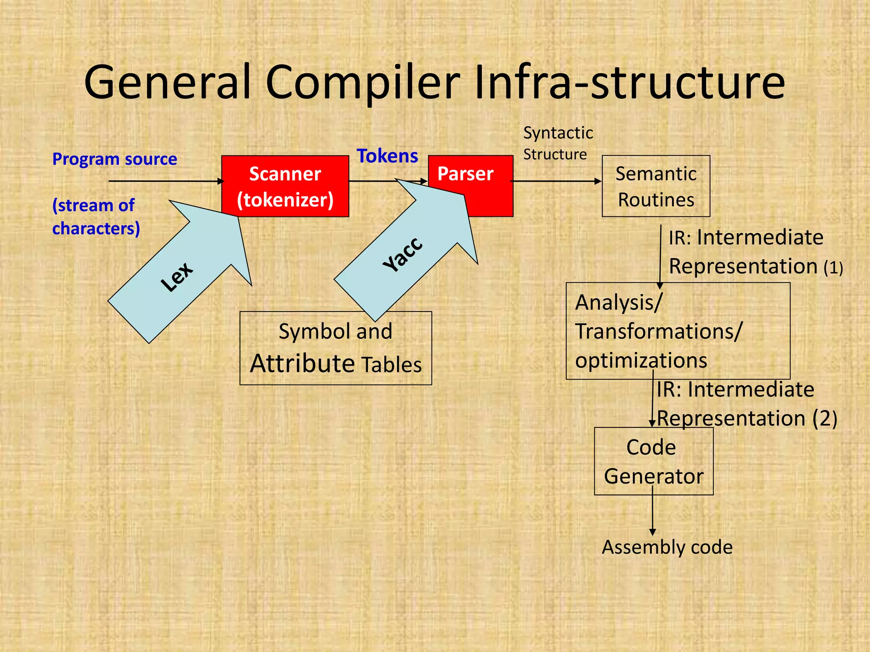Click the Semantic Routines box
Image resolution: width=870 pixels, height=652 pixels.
[655, 186]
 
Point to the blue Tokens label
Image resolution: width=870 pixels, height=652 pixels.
[387, 156]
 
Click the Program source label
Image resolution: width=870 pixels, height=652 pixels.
[114, 159]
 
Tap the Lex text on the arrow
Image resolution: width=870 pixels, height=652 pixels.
[177, 276]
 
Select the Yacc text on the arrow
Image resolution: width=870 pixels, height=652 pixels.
[403, 254]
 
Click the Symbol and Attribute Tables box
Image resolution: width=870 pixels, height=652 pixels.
[336, 348]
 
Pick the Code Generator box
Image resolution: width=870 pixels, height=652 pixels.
[653, 461]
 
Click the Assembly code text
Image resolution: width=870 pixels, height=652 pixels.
[667, 547]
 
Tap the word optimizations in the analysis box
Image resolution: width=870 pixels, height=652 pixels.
[641, 360]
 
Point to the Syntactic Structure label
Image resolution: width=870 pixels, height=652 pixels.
[557, 143]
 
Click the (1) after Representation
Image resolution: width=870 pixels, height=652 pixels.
[833, 268]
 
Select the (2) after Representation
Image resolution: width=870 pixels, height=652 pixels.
[825, 419]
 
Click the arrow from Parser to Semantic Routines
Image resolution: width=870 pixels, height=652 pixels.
[556, 181]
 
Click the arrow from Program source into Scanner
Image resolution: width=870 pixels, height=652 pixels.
[166, 181]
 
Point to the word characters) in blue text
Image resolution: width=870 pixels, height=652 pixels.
[96, 229]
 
